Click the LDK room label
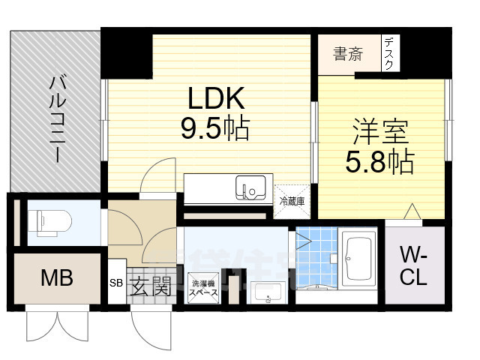[214, 97]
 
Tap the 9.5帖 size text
[214, 128]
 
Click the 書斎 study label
[348, 55]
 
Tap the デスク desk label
[388, 55]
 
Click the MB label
[56, 279]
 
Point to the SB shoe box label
[115, 283]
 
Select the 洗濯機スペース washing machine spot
[204, 289]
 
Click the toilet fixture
[52, 221]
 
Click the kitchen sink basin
[249, 186]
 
